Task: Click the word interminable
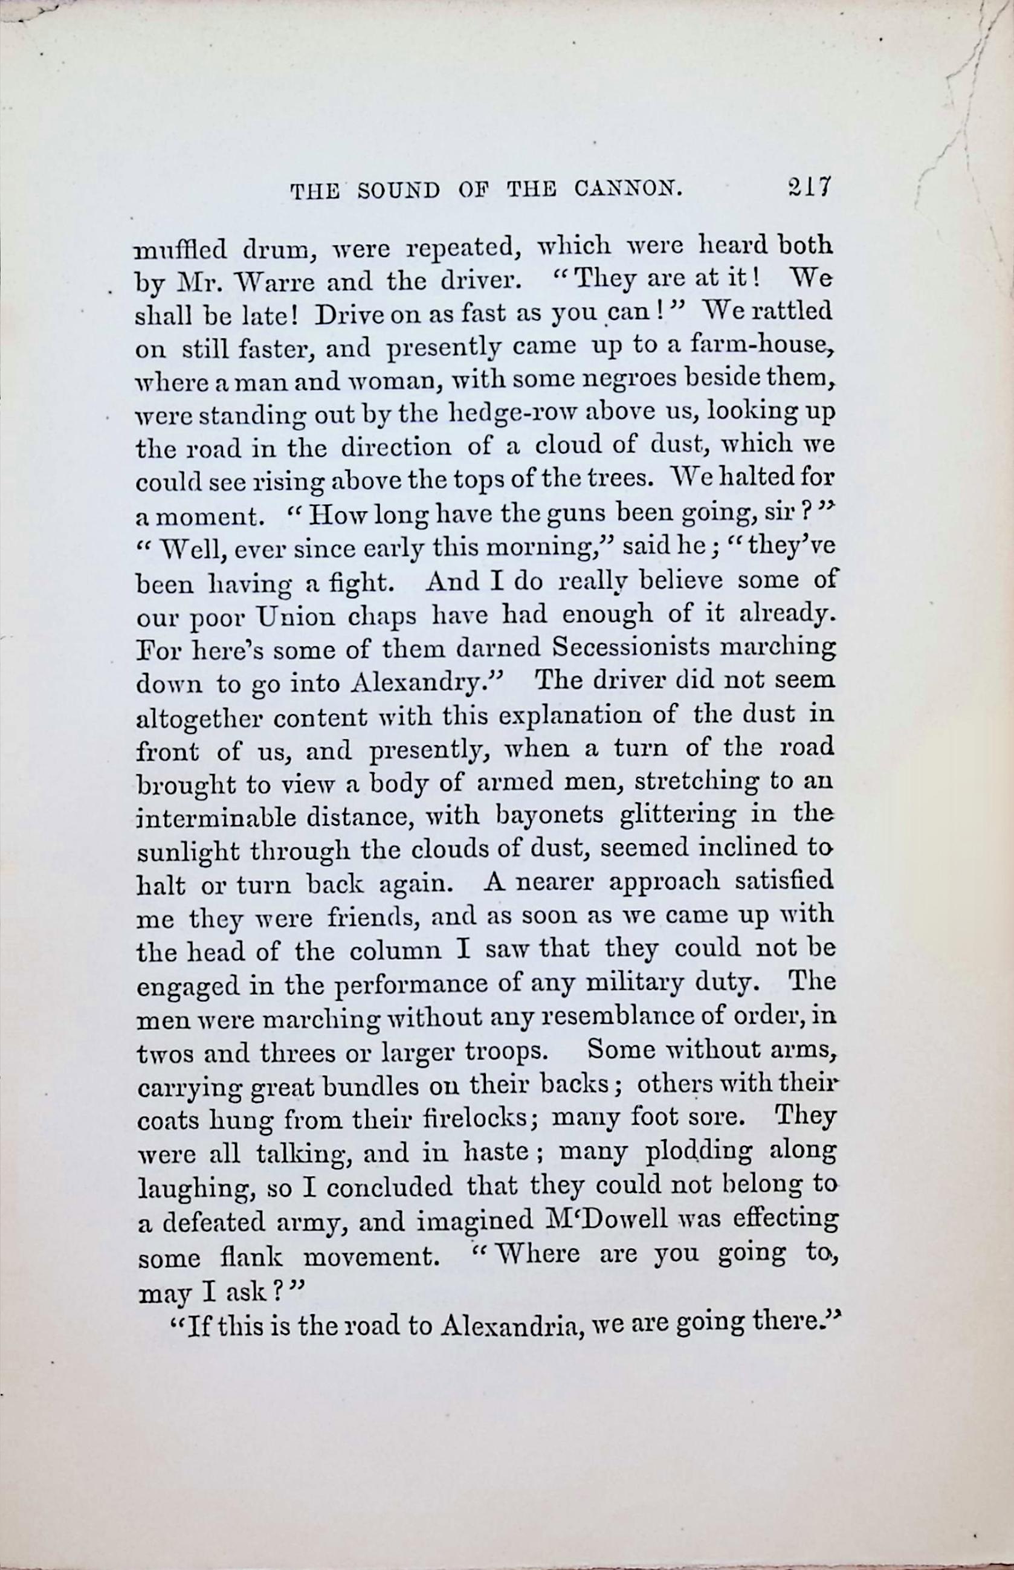click(x=215, y=818)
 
